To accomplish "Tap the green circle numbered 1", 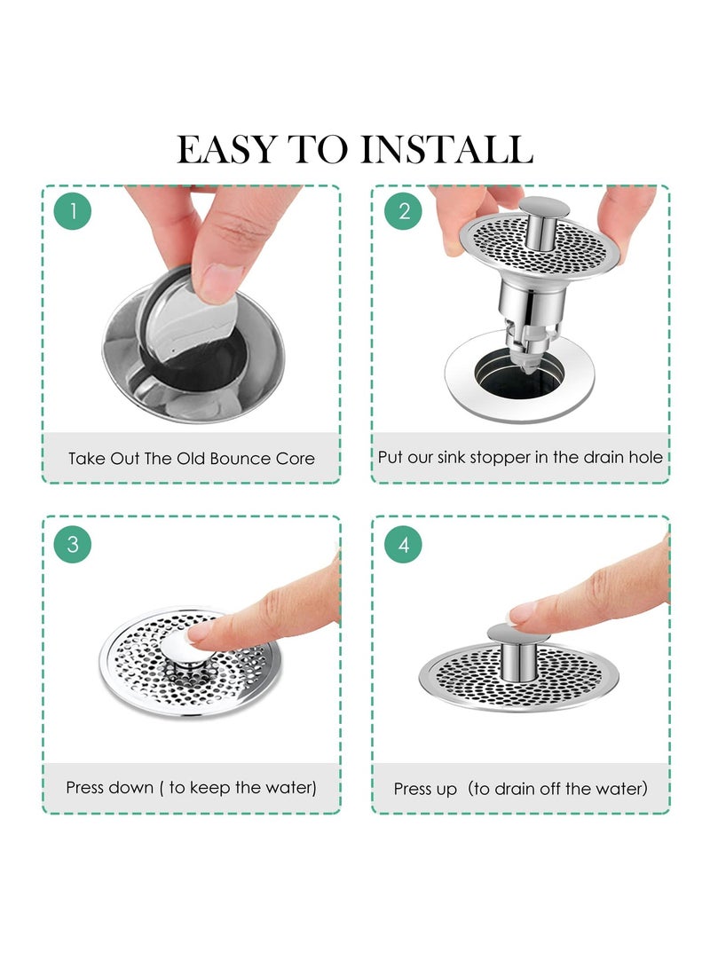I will tap(73, 212).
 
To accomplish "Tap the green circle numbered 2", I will tap(404, 212).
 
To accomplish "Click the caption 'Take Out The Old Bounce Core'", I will tap(192, 459).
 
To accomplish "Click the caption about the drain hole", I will tap(520, 458).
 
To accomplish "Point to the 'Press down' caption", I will tap(192, 788).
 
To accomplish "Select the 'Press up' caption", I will tap(520, 788).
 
